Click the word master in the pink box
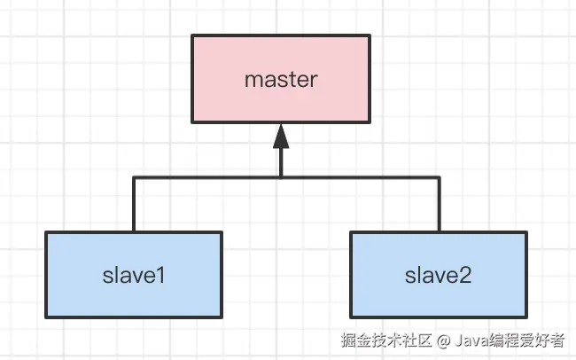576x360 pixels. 280,79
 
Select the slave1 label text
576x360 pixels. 133,275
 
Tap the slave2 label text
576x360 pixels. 438,275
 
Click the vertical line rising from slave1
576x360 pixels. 133,205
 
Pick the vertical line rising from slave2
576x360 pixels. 438,205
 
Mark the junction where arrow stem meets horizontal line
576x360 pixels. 280,177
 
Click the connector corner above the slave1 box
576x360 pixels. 133,177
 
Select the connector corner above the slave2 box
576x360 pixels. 438,177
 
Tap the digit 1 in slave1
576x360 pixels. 162,275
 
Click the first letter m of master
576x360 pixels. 251,80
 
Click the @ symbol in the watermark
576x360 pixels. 443,340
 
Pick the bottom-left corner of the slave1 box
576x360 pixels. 46,317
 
